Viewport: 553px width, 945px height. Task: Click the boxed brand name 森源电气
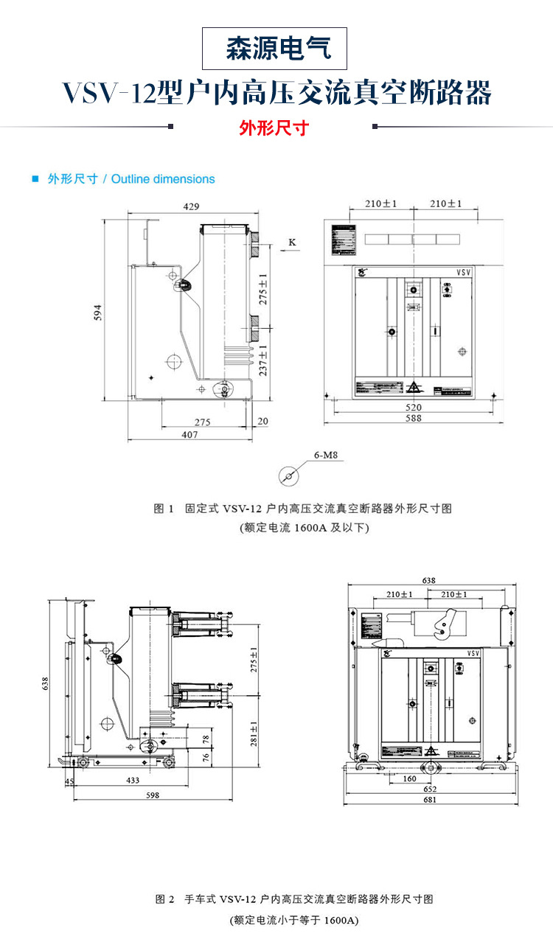pos(274,49)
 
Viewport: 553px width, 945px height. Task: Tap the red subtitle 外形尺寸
pos(274,128)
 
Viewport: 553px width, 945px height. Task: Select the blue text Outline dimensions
pos(163,179)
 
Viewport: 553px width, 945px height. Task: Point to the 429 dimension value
pos(191,206)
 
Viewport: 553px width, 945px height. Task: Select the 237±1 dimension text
pos(262,360)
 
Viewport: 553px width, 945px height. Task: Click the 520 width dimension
pos(413,408)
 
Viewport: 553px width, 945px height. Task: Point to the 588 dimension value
pos(413,419)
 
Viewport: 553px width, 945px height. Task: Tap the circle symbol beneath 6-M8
pos(289,476)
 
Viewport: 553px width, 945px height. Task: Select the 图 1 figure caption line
pos(302,509)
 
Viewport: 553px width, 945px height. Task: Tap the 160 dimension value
pos(409,778)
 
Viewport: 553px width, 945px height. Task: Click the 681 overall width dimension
pos(428,800)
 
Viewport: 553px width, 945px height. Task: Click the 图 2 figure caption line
pos(294,899)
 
